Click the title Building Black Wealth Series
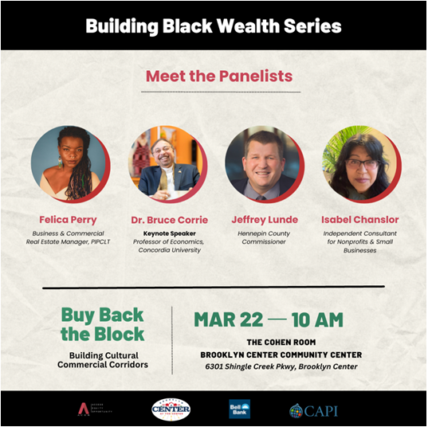coord(214,26)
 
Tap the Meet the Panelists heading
coord(218,76)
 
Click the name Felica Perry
coord(68,219)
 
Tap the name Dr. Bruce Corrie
coord(169,219)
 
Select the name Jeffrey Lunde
coord(264,219)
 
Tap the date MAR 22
coord(228,319)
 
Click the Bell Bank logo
coord(239,408)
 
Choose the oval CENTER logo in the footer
coord(171,409)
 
